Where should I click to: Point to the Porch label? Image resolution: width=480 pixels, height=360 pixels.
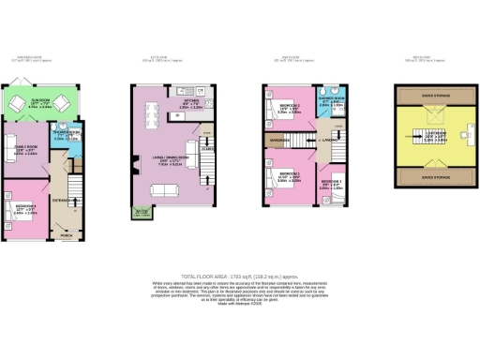(65, 235)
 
